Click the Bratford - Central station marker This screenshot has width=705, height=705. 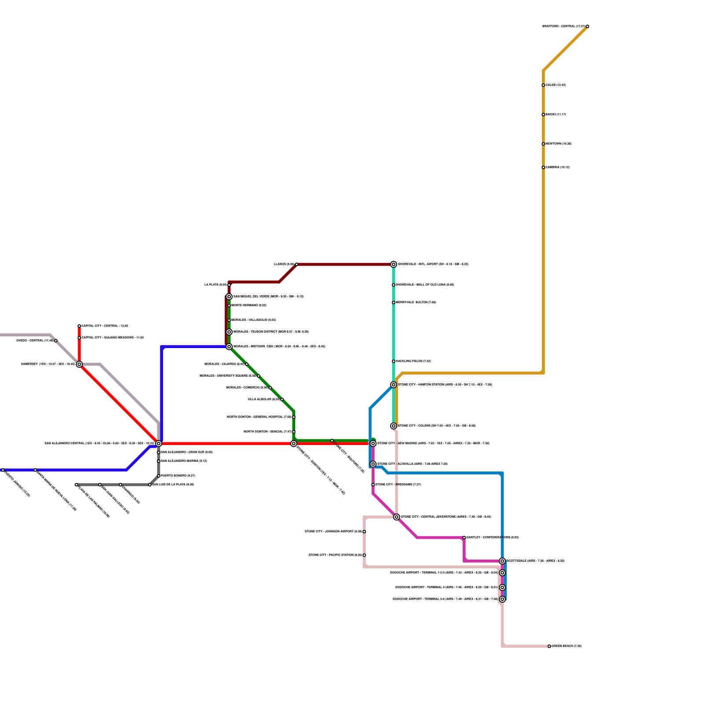coord(587,26)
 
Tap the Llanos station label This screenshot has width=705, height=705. coord(284,264)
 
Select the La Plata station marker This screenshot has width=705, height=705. coord(229,285)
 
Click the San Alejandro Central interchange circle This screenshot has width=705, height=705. coord(159,443)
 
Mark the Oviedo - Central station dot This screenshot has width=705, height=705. coord(56,341)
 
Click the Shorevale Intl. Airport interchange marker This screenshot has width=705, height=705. coord(393,264)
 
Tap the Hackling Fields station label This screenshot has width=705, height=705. coord(413,361)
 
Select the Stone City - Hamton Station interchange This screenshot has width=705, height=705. coord(393,385)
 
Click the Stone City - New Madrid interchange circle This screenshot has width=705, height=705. coord(373,443)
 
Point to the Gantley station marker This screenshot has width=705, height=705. coord(464,538)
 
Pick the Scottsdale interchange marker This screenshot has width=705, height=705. coord(502,561)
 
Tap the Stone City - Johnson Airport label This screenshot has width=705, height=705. coord(333,532)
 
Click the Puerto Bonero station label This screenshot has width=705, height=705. coord(178,476)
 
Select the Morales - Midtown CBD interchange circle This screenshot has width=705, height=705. coord(229,347)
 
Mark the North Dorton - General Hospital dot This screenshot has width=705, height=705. coord(294,417)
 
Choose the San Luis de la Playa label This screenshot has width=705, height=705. coord(173,485)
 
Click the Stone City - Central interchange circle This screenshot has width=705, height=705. coord(397,517)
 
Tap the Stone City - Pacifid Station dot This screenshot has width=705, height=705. coord(364,555)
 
